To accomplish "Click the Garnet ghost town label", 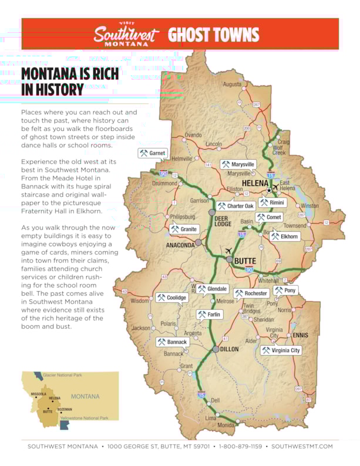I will (153, 153).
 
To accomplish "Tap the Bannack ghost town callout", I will (172, 342).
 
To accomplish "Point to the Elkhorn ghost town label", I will (285, 237).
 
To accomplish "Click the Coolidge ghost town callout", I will (171, 298).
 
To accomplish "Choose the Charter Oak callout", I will (235, 206).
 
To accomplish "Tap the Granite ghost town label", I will (184, 229).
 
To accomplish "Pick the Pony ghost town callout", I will (285, 290).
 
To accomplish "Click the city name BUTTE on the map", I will (246, 260).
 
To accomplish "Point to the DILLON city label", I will (229, 349).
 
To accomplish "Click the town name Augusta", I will (232, 85).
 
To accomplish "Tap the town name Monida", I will (226, 425).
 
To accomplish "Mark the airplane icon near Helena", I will (276, 188).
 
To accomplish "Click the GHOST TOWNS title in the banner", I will (214, 35).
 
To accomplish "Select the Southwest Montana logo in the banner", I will (126, 35).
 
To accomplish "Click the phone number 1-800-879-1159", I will (240, 447).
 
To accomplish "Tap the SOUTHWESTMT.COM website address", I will (302, 447).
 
